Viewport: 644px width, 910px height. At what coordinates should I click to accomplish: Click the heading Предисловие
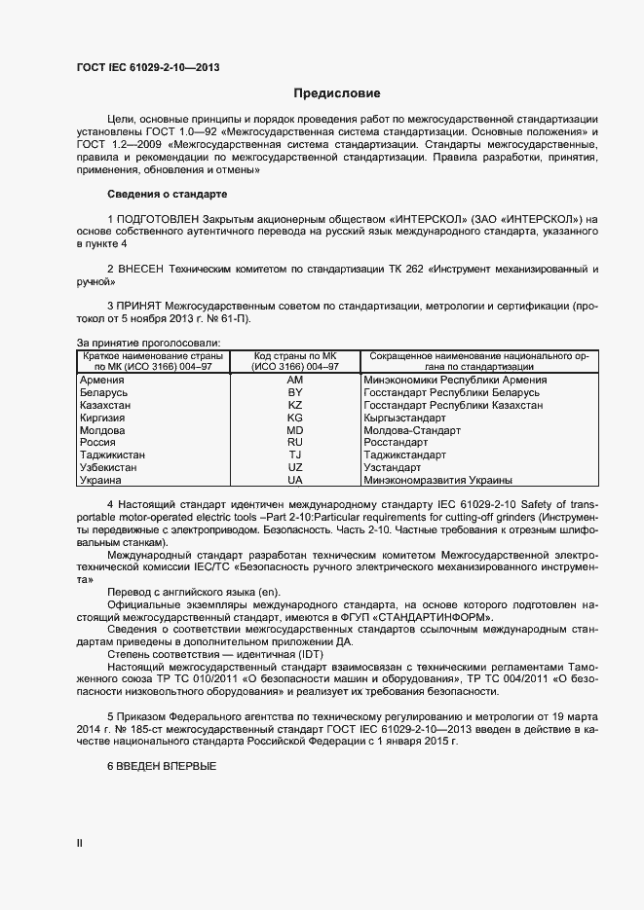337,94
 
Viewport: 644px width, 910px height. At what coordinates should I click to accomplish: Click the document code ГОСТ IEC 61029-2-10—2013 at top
147,67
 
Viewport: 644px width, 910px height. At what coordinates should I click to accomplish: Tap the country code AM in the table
295,380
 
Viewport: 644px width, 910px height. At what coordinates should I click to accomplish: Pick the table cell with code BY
295,392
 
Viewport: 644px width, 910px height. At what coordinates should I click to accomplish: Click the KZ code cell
295,405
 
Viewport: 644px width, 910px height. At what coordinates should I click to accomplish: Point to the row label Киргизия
103,418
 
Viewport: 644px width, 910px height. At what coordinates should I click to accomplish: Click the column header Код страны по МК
295,355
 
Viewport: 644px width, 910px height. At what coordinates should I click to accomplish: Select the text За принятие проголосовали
148,342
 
